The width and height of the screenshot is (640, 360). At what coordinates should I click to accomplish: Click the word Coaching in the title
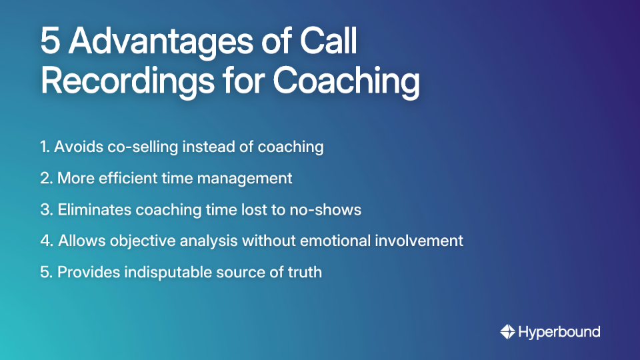(x=346, y=83)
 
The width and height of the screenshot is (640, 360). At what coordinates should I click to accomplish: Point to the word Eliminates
(x=94, y=209)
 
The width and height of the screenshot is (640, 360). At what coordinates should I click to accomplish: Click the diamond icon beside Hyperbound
(x=508, y=331)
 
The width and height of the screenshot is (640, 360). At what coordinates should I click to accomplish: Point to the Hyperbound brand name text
(x=559, y=331)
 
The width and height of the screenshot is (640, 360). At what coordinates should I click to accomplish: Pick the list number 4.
(x=45, y=241)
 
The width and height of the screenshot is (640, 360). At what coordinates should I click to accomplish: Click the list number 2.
(x=45, y=179)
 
